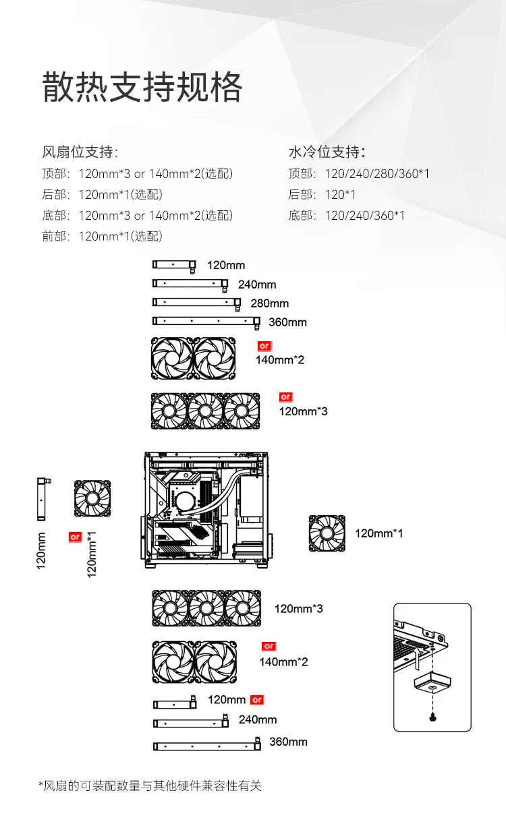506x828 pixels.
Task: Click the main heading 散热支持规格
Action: click(x=142, y=87)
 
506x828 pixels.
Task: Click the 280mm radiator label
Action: click(x=269, y=303)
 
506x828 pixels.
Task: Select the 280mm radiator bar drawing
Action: click(x=197, y=303)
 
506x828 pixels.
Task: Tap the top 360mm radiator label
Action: click(x=287, y=322)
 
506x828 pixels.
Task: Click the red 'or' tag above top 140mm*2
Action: click(x=264, y=346)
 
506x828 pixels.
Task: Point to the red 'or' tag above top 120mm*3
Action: click(x=286, y=397)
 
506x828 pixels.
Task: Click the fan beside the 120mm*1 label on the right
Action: click(x=327, y=533)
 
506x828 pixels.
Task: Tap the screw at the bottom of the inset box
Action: click(x=432, y=717)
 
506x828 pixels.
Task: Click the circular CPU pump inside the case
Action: click(x=184, y=502)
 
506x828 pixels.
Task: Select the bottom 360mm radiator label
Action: click(x=288, y=742)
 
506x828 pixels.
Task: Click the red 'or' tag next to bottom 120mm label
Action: click(x=257, y=700)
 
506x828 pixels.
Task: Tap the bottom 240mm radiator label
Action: click(x=258, y=719)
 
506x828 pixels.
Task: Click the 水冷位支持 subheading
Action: click(x=327, y=152)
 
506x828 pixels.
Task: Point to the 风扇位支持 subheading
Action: click(x=80, y=152)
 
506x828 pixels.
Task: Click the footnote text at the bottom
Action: click(x=150, y=786)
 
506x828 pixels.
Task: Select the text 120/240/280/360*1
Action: click(x=377, y=173)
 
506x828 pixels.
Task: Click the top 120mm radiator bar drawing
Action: click(x=174, y=266)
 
